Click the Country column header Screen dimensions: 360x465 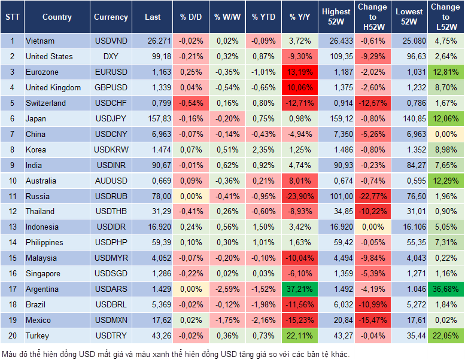point(57,17)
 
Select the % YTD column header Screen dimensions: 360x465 point(263,17)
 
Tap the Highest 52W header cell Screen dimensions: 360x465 point(336,17)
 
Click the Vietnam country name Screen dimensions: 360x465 point(40,41)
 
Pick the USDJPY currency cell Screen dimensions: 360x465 point(111,118)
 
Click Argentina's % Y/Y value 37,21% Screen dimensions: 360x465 point(299,289)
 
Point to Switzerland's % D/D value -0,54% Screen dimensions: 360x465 point(190,103)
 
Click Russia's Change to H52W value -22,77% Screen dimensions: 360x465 point(373,196)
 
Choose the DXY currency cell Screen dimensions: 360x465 point(111,57)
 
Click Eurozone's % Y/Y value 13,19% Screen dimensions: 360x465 point(299,72)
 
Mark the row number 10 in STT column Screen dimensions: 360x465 point(12,181)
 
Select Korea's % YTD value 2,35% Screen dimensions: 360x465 point(263,150)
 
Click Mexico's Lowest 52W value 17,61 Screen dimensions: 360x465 point(410,320)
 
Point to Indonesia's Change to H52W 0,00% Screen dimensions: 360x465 point(373,227)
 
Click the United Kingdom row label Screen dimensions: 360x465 point(53,88)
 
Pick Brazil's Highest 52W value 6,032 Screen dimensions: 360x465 point(336,304)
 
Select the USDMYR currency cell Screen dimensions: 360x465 point(111,258)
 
